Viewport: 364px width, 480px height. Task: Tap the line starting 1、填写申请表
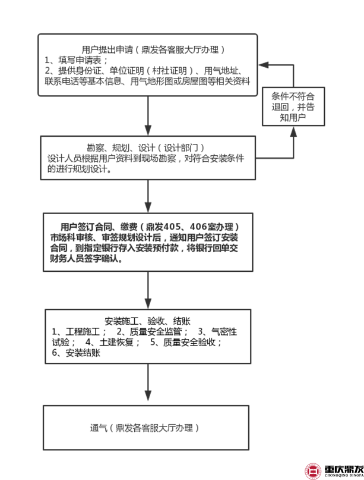[78, 60]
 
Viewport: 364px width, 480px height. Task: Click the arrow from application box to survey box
[148, 115]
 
